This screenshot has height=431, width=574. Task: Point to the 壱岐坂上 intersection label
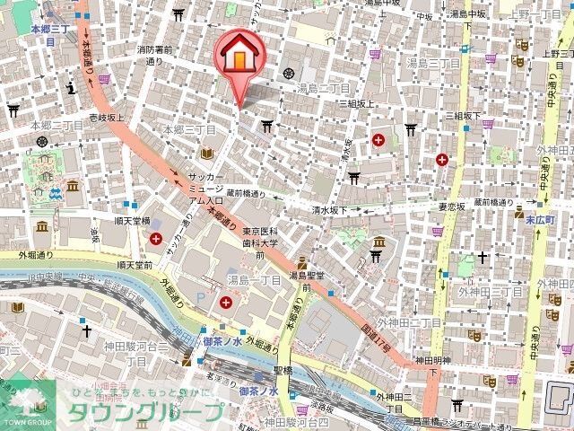(105, 117)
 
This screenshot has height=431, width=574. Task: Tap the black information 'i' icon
(69, 86)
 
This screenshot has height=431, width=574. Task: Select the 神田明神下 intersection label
(428, 365)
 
